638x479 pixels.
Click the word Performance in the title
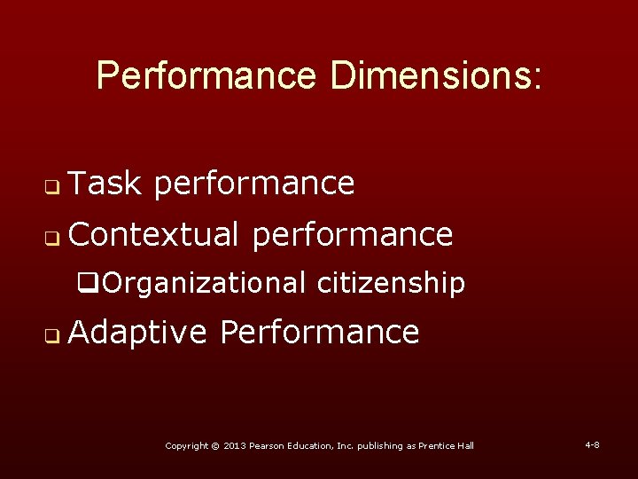point(206,76)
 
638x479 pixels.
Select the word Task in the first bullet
point(105,184)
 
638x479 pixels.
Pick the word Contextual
point(153,235)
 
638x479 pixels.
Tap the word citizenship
point(391,284)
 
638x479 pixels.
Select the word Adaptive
point(137,333)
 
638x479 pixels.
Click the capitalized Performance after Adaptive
point(320,333)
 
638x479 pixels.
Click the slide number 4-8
point(592,444)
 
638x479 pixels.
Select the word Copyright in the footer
point(187,445)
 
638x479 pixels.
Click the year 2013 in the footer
point(236,445)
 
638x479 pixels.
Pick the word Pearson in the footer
point(269,445)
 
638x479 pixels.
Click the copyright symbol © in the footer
point(215,445)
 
